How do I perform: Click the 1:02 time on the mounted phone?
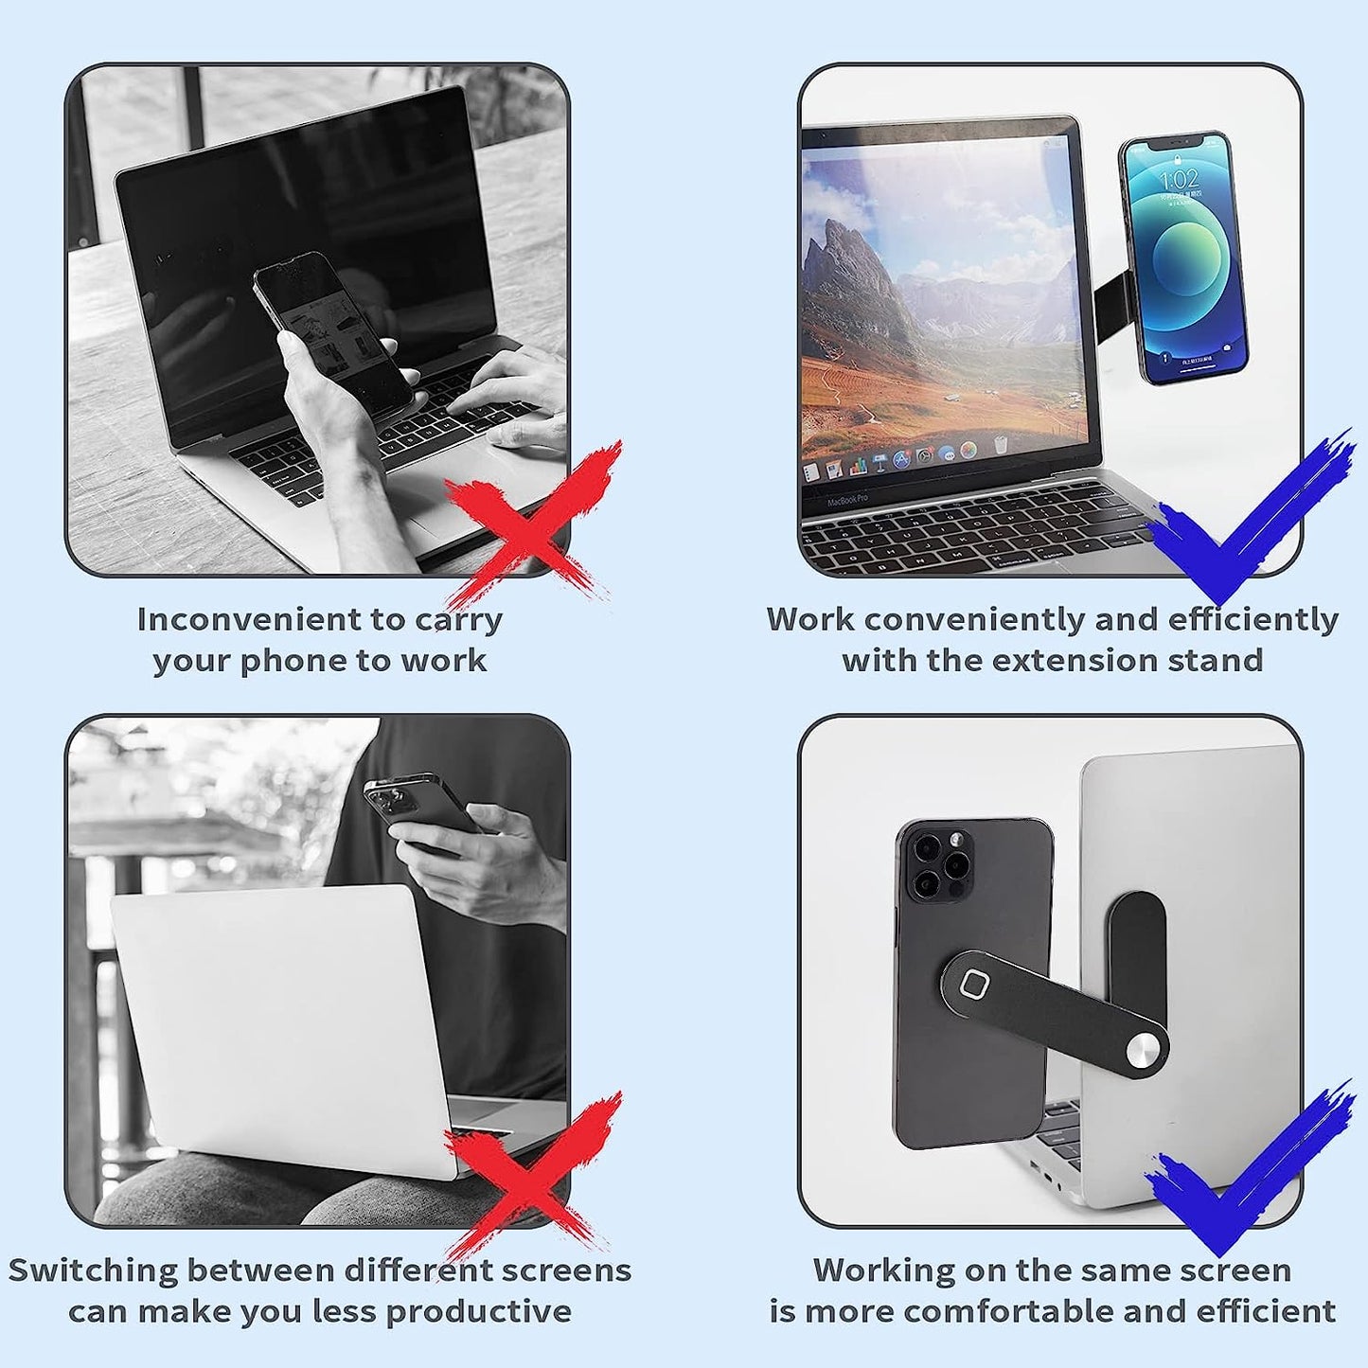1180,181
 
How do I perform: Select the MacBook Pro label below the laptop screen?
847,499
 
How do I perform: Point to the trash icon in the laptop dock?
999,445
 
